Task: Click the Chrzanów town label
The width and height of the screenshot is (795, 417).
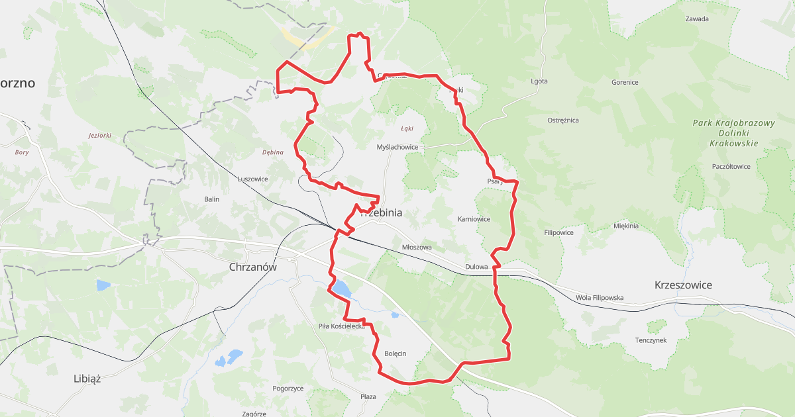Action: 252,267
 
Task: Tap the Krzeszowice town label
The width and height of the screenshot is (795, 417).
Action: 682,285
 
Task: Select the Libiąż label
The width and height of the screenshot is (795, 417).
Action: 87,379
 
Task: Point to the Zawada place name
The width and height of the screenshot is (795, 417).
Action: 697,19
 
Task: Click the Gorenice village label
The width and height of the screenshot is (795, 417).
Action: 625,83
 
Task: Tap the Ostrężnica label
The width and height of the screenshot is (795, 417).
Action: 563,120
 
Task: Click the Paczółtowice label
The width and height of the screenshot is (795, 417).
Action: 731,167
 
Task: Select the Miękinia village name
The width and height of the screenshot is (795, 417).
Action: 626,226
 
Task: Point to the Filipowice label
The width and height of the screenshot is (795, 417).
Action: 558,233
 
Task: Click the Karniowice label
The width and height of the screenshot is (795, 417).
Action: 474,219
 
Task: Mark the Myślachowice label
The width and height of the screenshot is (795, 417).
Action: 397,147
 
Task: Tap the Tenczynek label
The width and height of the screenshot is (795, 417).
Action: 651,340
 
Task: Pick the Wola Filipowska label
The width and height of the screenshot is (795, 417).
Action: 600,298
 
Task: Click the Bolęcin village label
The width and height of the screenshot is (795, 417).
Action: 395,353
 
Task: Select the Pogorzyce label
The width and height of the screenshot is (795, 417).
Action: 288,389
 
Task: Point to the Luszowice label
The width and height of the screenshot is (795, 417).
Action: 252,179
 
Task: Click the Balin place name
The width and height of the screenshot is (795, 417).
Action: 211,199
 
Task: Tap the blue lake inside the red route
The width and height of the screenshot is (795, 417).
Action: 342,289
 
